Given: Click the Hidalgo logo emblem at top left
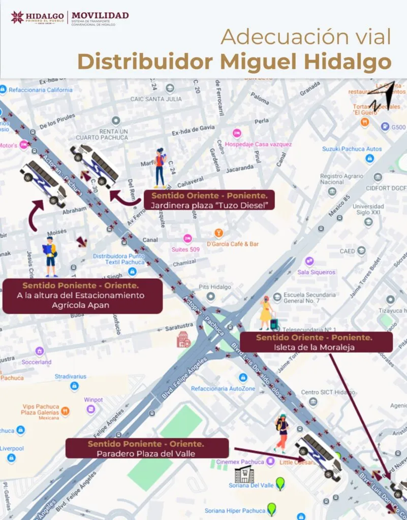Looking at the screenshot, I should (17, 17).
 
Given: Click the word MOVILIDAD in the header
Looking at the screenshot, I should (100, 15).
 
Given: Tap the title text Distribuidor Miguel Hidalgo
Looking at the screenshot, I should (234, 61).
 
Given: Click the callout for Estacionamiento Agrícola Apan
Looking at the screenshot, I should (83, 296).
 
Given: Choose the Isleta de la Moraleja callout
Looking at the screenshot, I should (316, 342).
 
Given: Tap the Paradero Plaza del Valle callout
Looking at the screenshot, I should (146, 448).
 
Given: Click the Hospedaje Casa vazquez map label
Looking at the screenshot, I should (259, 144).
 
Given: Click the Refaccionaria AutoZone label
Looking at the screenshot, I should (223, 388).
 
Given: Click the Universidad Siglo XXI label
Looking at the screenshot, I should (368, 210).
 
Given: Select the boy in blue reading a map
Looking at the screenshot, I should (50, 256).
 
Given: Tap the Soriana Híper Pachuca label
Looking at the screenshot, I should (235, 510).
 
